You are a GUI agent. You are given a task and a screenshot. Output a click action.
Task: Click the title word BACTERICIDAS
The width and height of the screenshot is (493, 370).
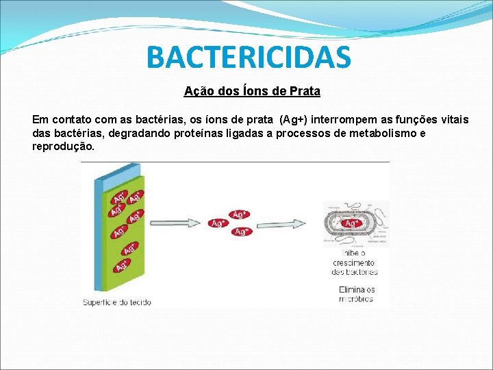pyautogui.click(x=249, y=58)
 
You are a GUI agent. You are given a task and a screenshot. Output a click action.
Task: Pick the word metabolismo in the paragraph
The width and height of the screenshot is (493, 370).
pyautogui.click(x=386, y=133)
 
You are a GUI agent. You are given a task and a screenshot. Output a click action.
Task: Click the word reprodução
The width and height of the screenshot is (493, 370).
pyautogui.click(x=63, y=147)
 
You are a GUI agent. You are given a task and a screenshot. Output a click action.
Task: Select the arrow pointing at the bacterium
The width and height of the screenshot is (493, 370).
pyautogui.click(x=287, y=223)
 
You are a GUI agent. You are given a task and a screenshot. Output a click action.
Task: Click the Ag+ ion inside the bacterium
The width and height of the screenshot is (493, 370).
pyautogui.click(x=351, y=223)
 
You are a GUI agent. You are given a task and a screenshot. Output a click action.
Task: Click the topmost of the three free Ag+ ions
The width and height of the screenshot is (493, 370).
pyautogui.click(x=239, y=214)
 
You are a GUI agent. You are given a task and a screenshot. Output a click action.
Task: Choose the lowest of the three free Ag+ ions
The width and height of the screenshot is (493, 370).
pyautogui.click(x=240, y=232)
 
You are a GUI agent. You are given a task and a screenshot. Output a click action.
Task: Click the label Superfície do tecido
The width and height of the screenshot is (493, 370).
pyautogui.click(x=118, y=302)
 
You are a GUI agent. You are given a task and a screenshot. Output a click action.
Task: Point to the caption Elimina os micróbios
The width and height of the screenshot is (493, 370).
pyautogui.click(x=357, y=294)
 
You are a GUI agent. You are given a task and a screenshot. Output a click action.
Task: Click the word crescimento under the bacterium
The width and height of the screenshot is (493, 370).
pyautogui.click(x=353, y=262)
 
